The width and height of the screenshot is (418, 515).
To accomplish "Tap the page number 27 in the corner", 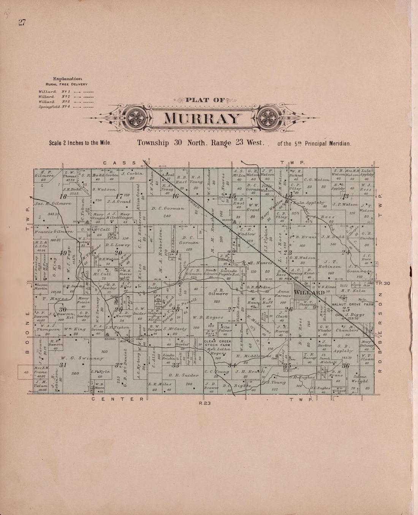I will tap(21, 22).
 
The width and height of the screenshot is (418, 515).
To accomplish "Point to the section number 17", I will tap(120, 196).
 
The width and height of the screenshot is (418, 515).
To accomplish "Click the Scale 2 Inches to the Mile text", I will tap(79, 144).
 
